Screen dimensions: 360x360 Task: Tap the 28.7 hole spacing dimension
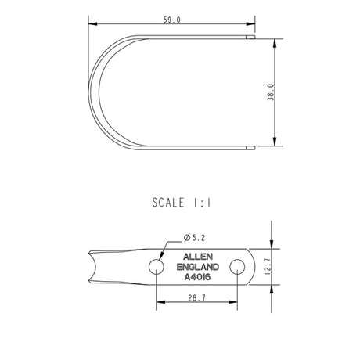(196, 298)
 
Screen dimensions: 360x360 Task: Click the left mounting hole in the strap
(157, 267)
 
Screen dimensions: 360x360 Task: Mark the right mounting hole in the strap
(236, 267)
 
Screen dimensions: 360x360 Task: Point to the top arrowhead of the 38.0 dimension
(275, 38)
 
